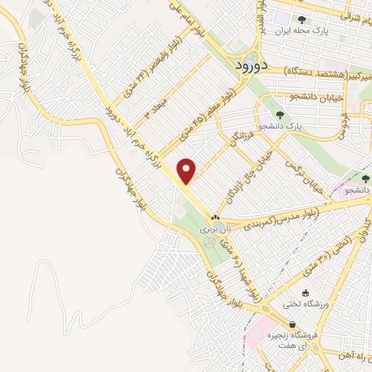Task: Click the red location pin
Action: [x=187, y=171]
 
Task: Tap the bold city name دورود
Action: [x=254, y=65]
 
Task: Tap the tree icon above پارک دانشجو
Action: [x=280, y=114]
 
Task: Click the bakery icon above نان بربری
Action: [x=215, y=217]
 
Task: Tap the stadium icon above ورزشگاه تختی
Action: [x=306, y=292]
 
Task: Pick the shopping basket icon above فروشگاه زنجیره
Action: [x=291, y=325]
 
